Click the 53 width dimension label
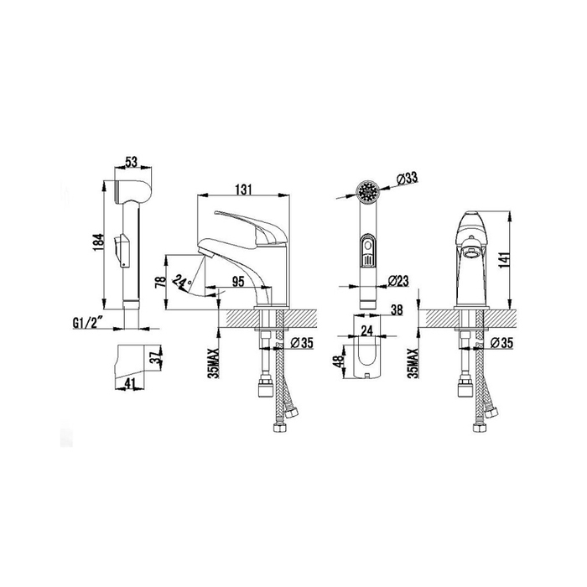pos(132,162)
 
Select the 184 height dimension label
pos(98,242)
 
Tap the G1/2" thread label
pos(87,324)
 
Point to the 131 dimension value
pos(243,190)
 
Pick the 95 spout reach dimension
pos(237,281)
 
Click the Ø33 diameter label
pos(406,179)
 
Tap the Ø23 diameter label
pos(398,280)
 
